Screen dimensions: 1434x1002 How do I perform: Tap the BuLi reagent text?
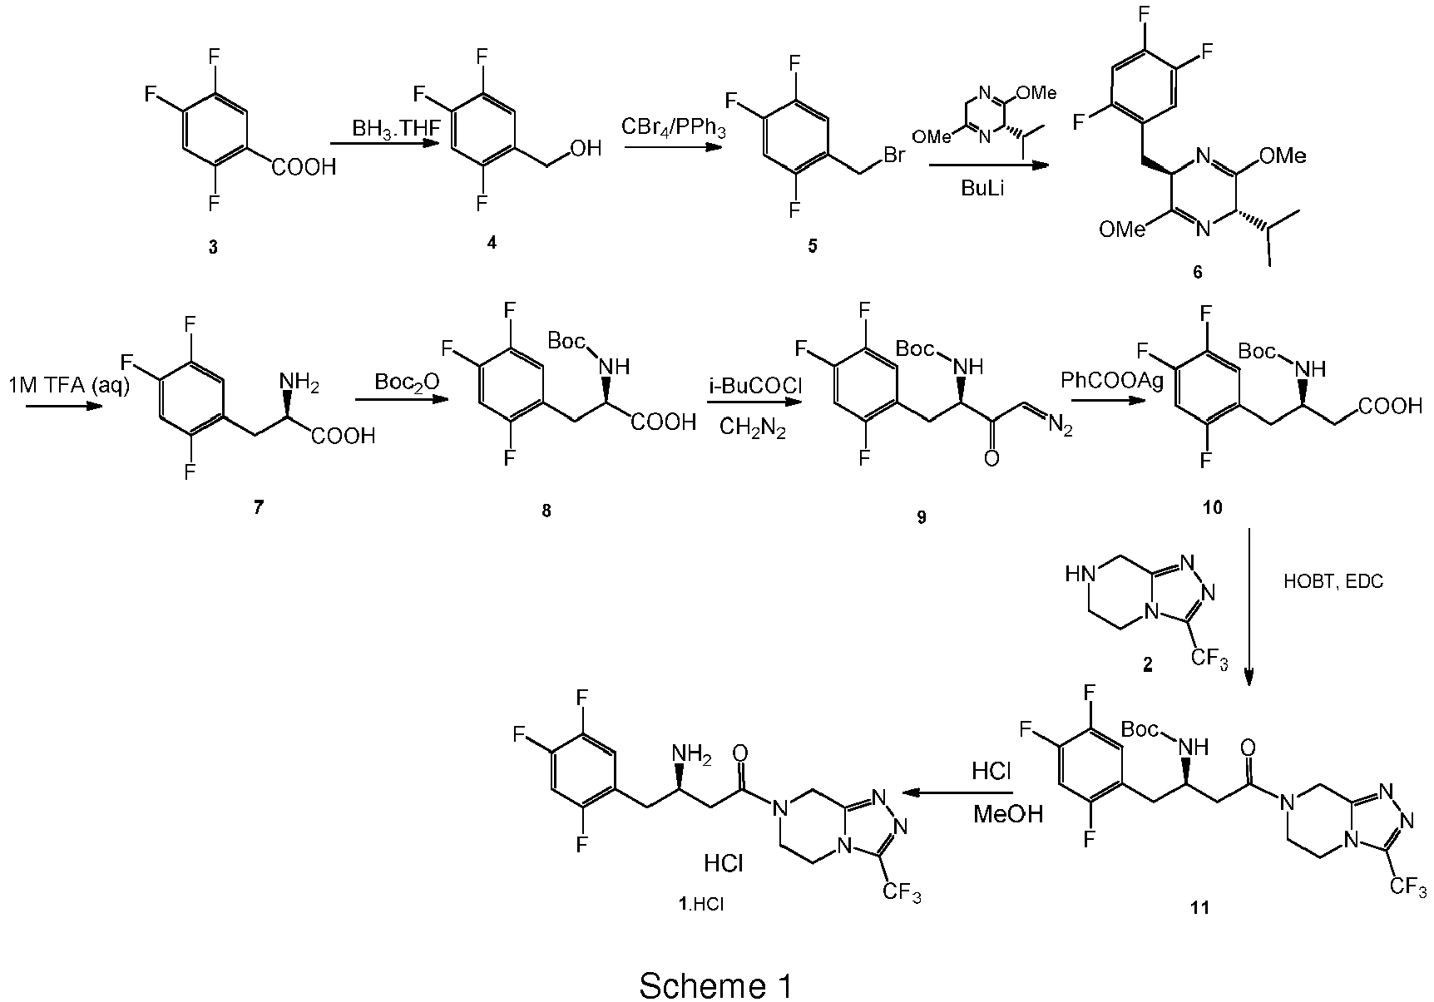(985, 187)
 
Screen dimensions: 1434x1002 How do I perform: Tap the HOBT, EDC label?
(1334, 582)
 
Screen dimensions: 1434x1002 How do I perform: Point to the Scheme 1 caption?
(715, 963)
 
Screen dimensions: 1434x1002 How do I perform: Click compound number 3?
(213, 248)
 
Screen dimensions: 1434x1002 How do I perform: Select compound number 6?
(1198, 273)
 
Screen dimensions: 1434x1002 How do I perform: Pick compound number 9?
(921, 517)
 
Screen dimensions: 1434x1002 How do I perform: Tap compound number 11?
(1199, 908)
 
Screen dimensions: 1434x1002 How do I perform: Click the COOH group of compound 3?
(304, 168)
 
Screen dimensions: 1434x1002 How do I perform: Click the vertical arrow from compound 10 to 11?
(1249, 607)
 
